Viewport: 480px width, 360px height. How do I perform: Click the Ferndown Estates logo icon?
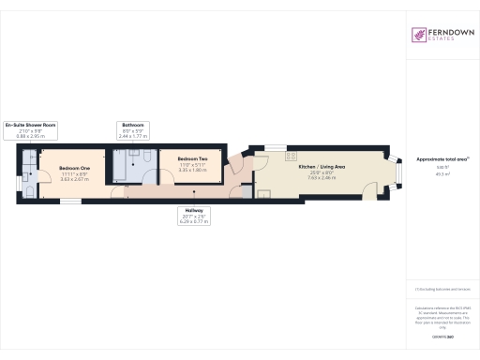pyautogui.click(x=417, y=35)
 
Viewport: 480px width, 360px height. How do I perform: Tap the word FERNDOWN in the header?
pyautogui.click(x=448, y=31)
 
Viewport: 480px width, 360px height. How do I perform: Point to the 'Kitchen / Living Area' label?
pyautogui.click(x=322, y=165)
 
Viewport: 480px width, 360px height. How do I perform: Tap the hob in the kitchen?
pyautogui.click(x=292, y=156)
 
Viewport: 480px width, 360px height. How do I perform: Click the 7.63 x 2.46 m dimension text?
pyautogui.click(x=322, y=177)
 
